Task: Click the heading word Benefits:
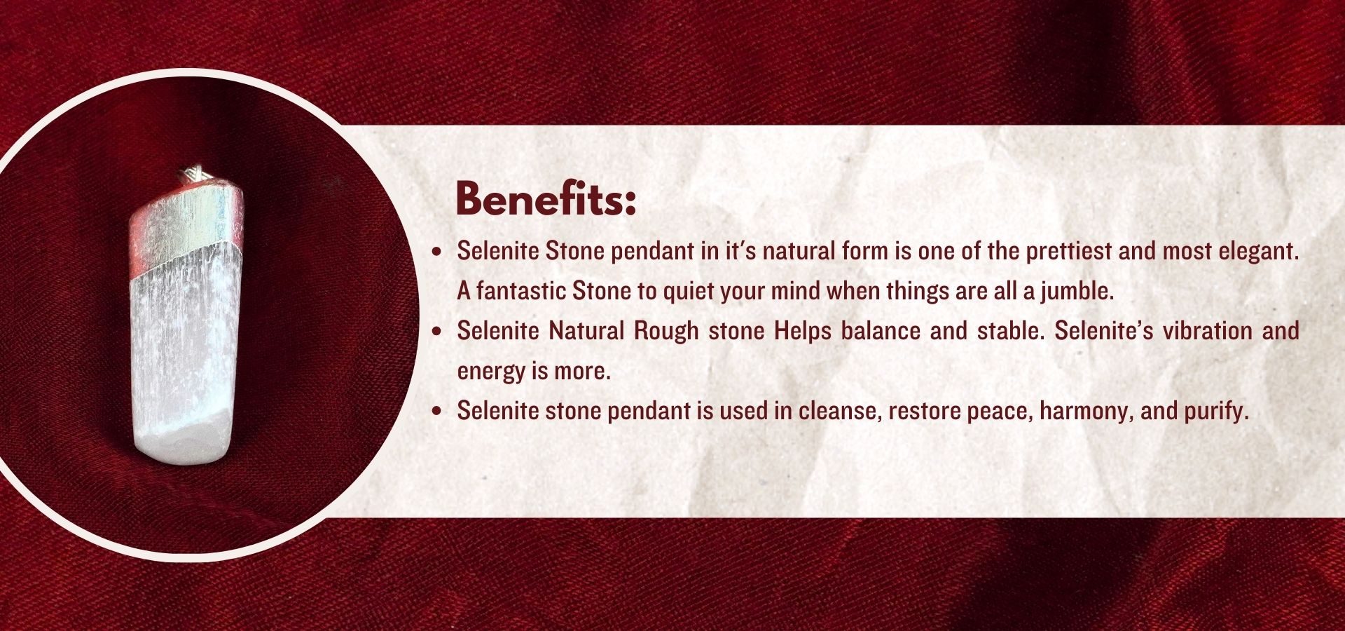pos(546,199)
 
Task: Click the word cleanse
pos(839,411)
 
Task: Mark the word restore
pos(924,411)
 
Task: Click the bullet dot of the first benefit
pos(438,252)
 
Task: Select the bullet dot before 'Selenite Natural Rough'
pos(438,332)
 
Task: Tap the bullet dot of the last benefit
pos(438,412)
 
